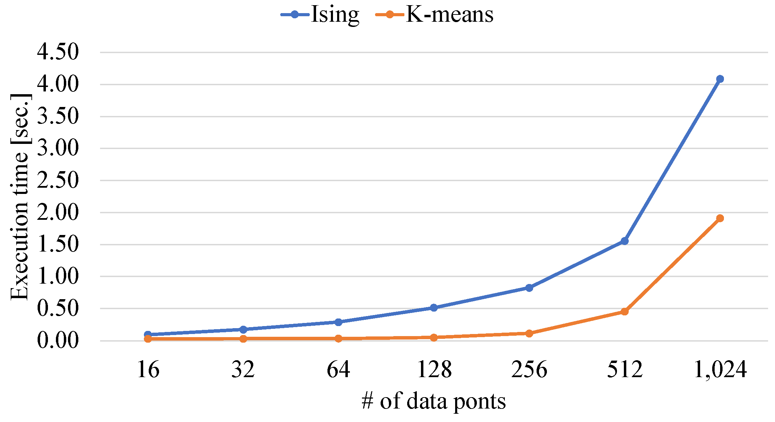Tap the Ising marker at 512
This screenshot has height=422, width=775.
[x=624, y=241]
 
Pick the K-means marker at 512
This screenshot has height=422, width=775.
[x=624, y=312]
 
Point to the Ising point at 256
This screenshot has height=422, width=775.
[x=529, y=287]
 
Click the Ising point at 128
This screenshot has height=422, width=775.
[x=434, y=307]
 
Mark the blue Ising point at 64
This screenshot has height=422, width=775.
[x=339, y=322]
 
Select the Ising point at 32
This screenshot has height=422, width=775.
[x=243, y=329]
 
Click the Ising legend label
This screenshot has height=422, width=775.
[x=335, y=14]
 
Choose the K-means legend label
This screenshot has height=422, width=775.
[x=449, y=14]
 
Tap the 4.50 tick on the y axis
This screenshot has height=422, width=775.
[x=58, y=52]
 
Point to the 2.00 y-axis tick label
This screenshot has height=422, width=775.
[x=58, y=212]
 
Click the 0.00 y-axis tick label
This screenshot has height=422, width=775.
[x=58, y=341]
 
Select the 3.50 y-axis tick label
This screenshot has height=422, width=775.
[x=58, y=116]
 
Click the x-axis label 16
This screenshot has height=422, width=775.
[x=148, y=370]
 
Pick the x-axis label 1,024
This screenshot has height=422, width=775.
[x=720, y=370]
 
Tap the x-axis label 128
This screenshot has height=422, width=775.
[x=434, y=370]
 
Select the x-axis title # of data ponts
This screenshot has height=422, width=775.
[x=434, y=401]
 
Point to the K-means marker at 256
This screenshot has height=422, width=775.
[x=529, y=333]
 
